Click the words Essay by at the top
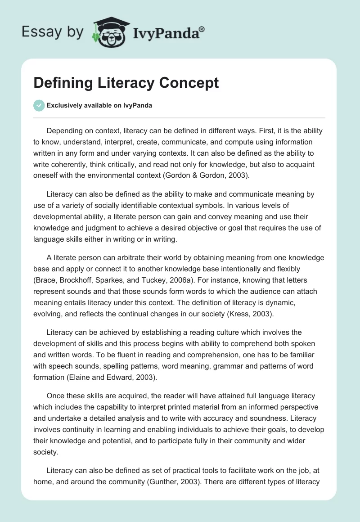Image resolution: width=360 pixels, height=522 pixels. click(52, 32)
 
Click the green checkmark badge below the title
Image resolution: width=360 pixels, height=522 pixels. click(39, 105)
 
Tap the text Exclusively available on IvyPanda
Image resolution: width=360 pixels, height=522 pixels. click(99, 105)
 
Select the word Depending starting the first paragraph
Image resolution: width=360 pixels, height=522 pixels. click(66, 130)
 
